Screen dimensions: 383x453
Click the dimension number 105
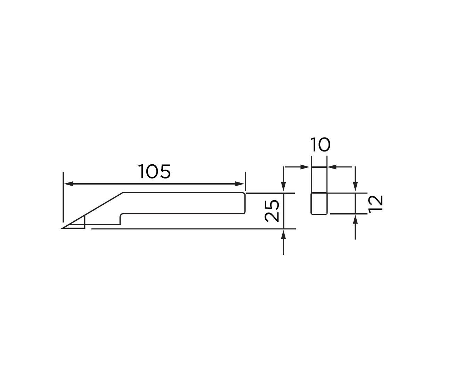[155, 171]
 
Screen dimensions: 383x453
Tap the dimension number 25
[272, 211]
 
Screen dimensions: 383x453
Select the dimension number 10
[319, 145]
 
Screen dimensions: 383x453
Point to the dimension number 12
[375, 203]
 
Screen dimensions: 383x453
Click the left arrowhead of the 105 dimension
[68, 184]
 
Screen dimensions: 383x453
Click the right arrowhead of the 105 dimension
[241, 184]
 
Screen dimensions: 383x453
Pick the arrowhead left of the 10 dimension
[306, 167]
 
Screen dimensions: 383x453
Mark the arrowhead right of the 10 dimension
[332, 167]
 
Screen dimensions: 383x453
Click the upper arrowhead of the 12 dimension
[355, 188]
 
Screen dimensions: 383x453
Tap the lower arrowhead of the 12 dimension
[355, 219]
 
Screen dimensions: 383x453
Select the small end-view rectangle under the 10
[319, 203]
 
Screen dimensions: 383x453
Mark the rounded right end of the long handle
[245, 203]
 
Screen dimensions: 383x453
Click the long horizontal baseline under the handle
[191, 229]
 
